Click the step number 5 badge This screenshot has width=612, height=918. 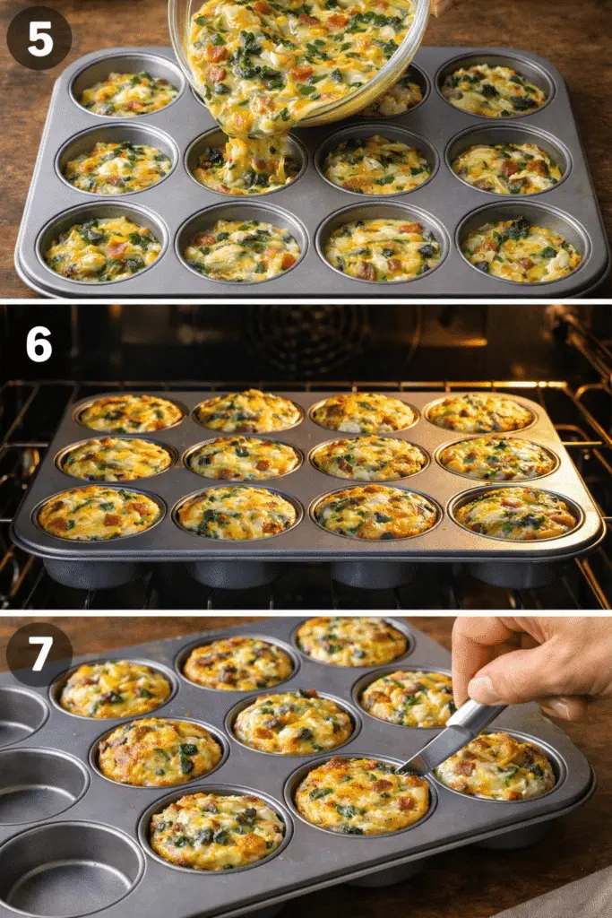click(39, 38)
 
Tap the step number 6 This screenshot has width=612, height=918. click(39, 345)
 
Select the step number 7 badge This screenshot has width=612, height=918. click(39, 654)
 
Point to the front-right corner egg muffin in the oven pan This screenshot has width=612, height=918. click(516, 513)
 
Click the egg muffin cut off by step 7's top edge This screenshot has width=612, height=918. click(351, 641)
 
